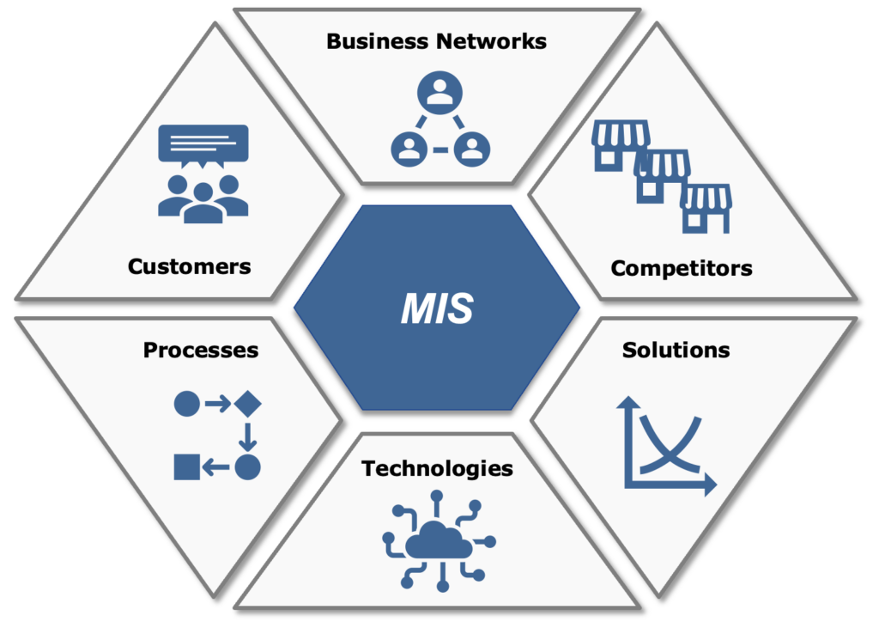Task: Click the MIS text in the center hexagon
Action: tap(437, 308)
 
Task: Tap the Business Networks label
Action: tap(436, 41)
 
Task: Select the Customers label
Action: tap(189, 266)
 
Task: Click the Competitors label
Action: tap(682, 268)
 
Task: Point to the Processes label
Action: tap(201, 351)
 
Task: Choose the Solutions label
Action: tap(676, 351)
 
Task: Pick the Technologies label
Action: tap(437, 468)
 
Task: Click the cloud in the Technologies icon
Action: tap(438, 542)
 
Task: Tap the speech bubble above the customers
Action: tap(203, 144)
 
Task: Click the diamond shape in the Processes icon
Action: tap(247, 403)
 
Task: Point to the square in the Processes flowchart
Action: tap(186, 467)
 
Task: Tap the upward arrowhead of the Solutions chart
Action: tap(629, 401)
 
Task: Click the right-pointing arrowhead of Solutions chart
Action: tap(709, 485)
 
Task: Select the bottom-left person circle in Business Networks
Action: tap(409, 149)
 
